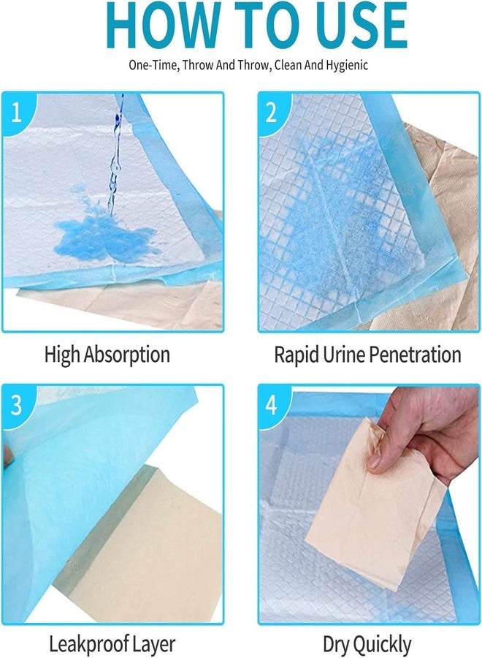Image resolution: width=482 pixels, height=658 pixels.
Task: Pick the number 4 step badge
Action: (x=272, y=405)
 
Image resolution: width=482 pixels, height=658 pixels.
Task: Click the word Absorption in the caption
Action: (x=126, y=355)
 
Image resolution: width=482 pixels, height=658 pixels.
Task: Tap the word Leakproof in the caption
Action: (x=86, y=645)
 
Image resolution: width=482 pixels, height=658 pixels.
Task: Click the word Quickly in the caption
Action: (x=380, y=645)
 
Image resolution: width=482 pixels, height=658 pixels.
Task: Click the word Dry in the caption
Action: (x=337, y=645)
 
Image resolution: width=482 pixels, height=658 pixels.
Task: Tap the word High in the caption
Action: (x=61, y=355)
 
